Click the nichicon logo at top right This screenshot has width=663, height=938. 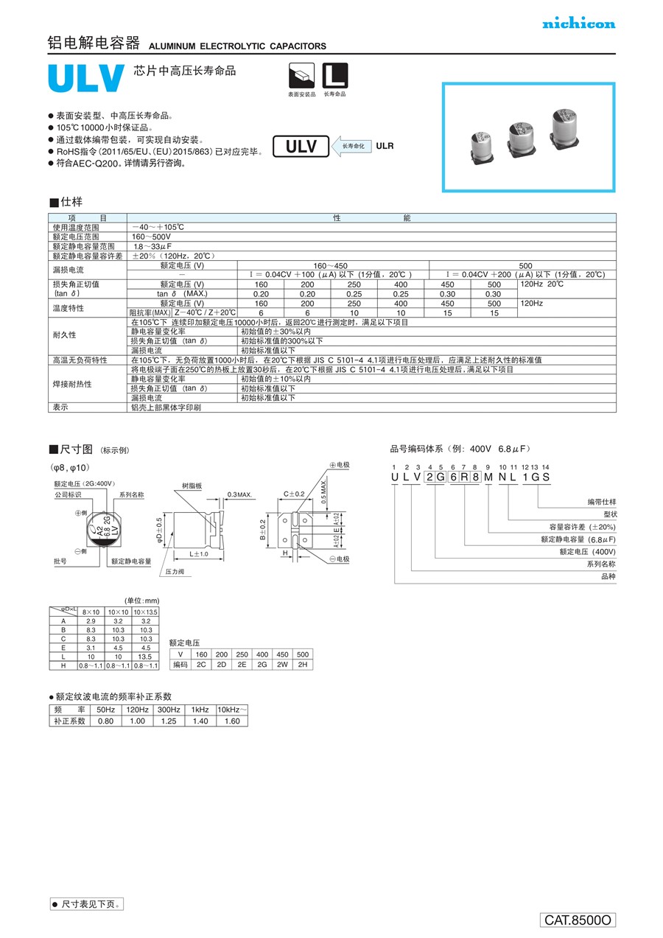point(578,24)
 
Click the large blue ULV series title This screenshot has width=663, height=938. point(85,80)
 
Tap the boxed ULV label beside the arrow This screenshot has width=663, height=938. point(301,147)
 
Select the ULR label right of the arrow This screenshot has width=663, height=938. point(385,146)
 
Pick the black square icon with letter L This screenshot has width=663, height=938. point(335,76)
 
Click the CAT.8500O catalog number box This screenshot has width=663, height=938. point(578,920)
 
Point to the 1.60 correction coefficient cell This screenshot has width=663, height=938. point(231,721)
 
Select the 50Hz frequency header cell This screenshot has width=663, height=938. point(105,709)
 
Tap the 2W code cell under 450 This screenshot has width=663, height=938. point(283,665)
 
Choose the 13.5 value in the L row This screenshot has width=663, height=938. point(145,657)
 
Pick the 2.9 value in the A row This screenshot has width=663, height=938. point(91,622)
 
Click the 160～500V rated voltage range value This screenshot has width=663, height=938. point(147,237)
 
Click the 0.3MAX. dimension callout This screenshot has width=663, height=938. point(240,494)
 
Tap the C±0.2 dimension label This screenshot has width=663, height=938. point(294,494)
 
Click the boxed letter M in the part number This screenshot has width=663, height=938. point(488,477)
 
